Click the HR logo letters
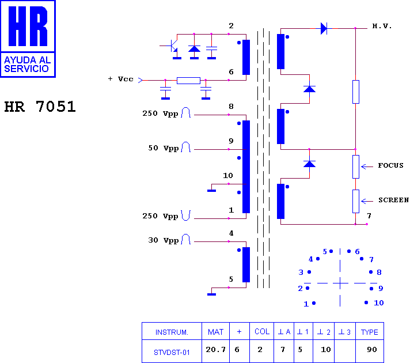[28, 26]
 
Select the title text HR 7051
[40, 107]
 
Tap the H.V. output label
[382, 26]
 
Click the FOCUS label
[390, 165]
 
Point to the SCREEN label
[393, 200]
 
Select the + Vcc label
[120, 79]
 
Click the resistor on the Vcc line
[188, 80]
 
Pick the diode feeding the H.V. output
[324, 28]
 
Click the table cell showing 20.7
[215, 350]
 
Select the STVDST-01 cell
[172, 353]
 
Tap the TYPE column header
[370, 332]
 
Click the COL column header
[262, 331]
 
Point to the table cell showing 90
[371, 350]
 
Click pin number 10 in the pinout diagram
[379, 303]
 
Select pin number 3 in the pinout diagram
[301, 273]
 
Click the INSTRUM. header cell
[172, 332]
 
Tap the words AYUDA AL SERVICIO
[27, 65]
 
